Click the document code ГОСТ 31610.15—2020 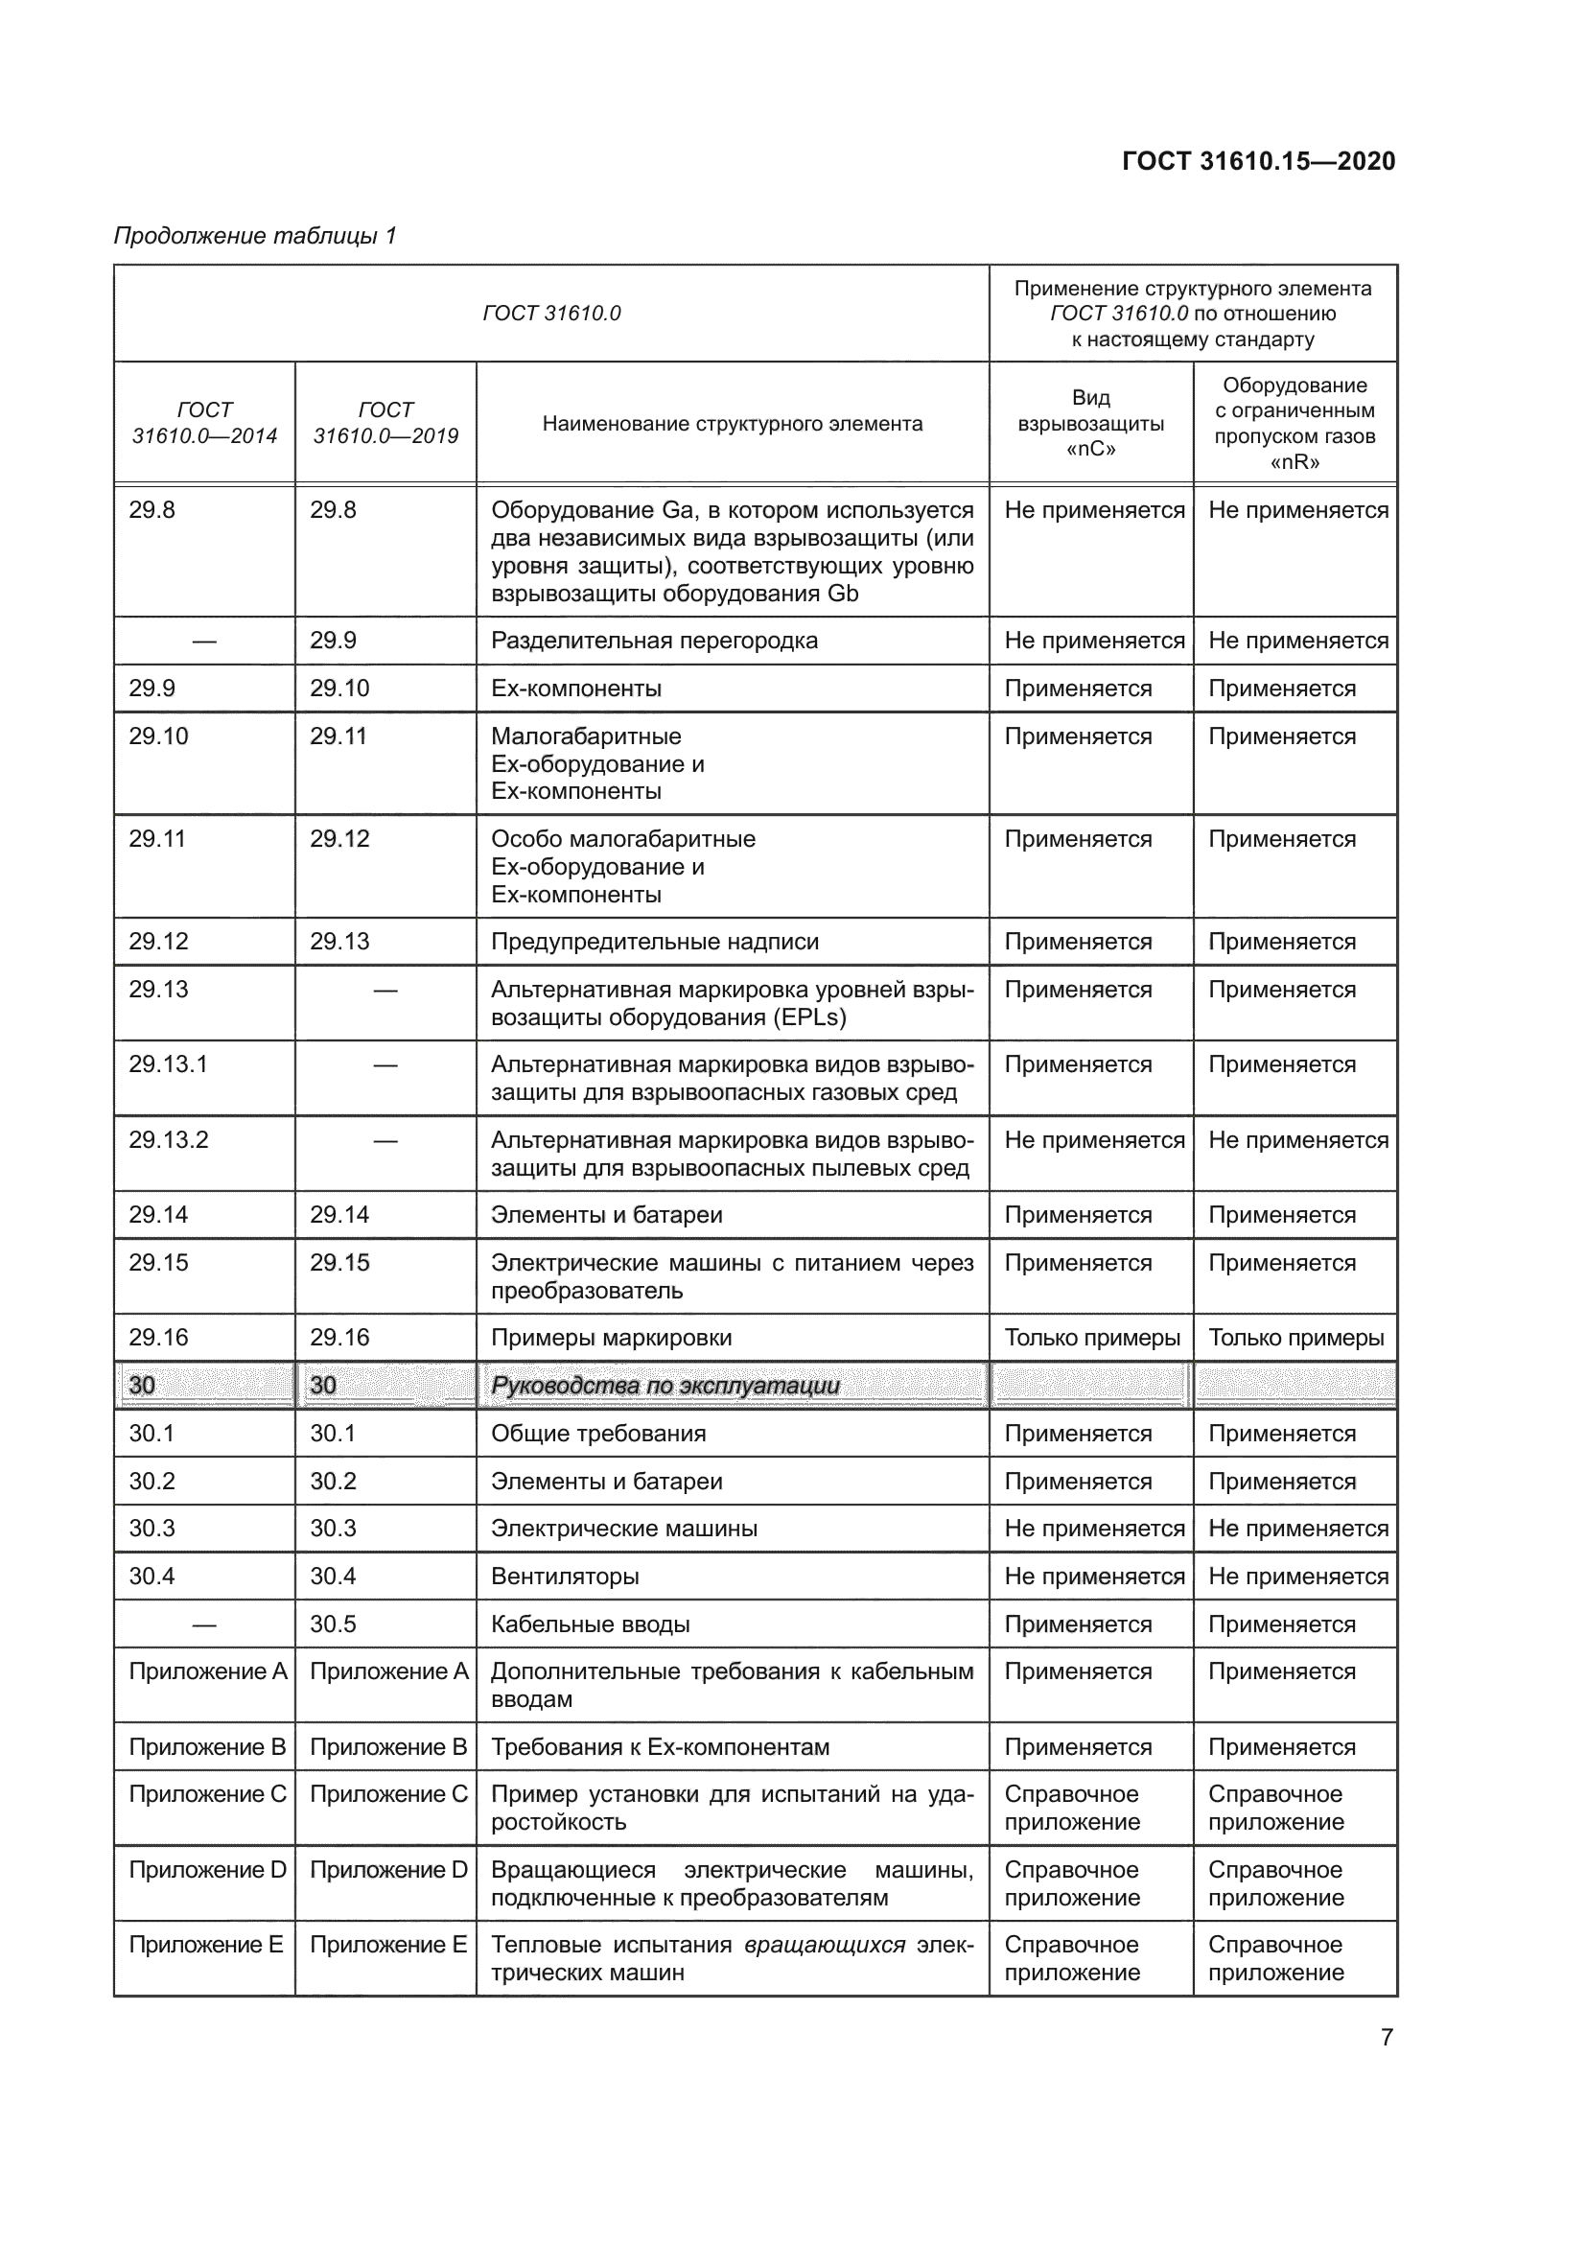tap(1258, 161)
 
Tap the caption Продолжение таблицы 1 tap(255, 236)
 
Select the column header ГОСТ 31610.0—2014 tap(204, 422)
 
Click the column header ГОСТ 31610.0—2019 tap(385, 422)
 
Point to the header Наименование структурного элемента tap(732, 424)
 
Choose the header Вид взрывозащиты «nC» tap(1090, 423)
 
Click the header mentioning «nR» tap(1294, 423)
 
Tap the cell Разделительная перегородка tap(653, 641)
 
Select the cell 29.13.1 tap(168, 1063)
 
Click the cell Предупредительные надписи tap(654, 942)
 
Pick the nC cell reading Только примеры tap(1091, 1338)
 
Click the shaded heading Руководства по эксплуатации tap(665, 1386)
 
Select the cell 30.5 tap(333, 1624)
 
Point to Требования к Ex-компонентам tap(659, 1745)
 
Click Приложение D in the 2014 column tap(207, 1869)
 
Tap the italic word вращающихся tap(825, 1944)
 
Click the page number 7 tap(1386, 2037)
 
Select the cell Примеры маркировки tap(611, 1338)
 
